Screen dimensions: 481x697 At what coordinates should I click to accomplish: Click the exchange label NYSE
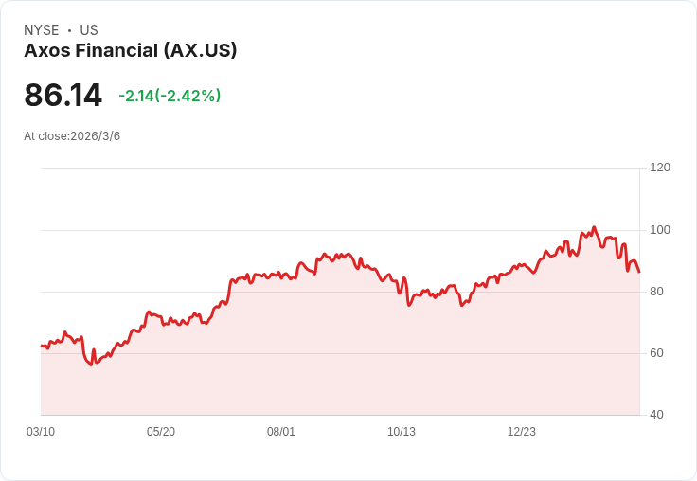pos(41,30)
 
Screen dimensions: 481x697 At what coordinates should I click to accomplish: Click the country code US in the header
pos(89,30)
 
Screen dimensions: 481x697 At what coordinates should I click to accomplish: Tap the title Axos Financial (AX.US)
pos(130,51)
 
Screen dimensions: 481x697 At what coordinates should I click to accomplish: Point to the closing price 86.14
pos(63,95)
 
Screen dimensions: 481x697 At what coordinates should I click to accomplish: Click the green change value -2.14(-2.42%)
pos(170,96)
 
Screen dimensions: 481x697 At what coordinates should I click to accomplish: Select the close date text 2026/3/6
pos(95,136)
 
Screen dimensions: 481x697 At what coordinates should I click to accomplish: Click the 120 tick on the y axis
pos(660,168)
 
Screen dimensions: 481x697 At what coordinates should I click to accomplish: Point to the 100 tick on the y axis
pos(660,230)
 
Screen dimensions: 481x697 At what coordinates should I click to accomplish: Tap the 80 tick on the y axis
pos(657,292)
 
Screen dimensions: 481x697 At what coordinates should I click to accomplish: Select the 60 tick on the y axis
pos(657,353)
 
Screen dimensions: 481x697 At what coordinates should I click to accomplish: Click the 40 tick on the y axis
pos(657,415)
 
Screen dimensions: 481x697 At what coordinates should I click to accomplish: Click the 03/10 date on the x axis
pos(41,432)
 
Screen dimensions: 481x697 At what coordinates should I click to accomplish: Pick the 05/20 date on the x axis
pos(161,432)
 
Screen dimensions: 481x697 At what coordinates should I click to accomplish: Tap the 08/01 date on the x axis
pos(281,432)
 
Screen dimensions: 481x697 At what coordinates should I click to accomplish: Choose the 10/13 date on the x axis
pos(402,432)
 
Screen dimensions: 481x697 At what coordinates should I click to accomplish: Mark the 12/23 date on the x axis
pos(522,432)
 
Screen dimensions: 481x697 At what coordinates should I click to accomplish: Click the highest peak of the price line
pos(594,227)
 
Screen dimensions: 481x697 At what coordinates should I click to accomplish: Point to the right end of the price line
pos(639,272)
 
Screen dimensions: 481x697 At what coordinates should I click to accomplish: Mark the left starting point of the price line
pos(41,346)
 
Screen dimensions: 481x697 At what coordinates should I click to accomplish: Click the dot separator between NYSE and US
pos(69,30)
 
